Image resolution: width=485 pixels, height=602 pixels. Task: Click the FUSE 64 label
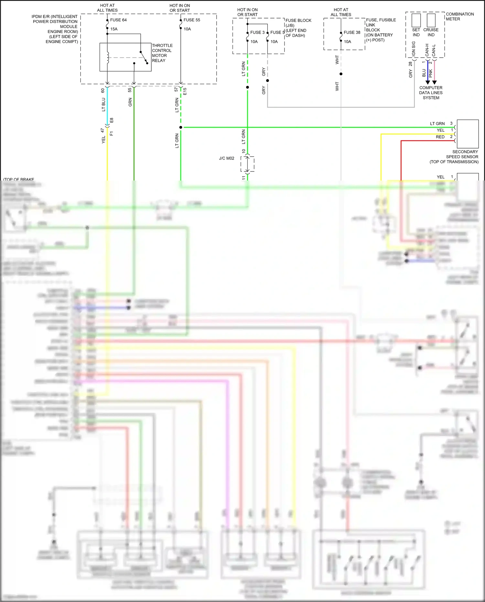[x=118, y=20]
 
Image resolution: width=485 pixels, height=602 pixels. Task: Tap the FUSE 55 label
[x=192, y=20]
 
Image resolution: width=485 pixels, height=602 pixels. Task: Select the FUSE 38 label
[x=352, y=32]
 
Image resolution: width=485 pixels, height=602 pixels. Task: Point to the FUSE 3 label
[x=257, y=32]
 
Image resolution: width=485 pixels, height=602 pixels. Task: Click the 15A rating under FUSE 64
[x=114, y=29]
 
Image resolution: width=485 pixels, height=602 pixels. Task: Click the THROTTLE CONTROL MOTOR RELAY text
[x=162, y=53]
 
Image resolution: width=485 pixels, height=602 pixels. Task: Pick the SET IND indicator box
[x=416, y=20]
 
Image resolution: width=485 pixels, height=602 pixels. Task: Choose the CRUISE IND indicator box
[x=431, y=20]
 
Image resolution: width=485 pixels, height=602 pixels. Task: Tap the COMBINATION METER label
[x=459, y=16]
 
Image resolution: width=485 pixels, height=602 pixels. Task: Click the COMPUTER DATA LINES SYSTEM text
[x=431, y=93]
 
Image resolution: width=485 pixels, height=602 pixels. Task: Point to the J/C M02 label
[x=226, y=159]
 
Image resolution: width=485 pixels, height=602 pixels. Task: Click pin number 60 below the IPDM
[x=103, y=91]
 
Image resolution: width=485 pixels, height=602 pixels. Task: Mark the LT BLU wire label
[x=103, y=105]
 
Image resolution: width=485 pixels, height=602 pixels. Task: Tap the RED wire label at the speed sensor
[x=440, y=137]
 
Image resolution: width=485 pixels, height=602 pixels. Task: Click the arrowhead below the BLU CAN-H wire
[x=428, y=82]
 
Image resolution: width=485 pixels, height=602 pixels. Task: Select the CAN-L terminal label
[x=434, y=50]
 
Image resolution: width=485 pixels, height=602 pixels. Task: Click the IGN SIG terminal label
[x=414, y=49]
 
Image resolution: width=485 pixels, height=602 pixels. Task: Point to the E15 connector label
[x=185, y=91]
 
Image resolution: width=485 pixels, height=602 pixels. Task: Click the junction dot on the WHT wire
[x=341, y=74]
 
